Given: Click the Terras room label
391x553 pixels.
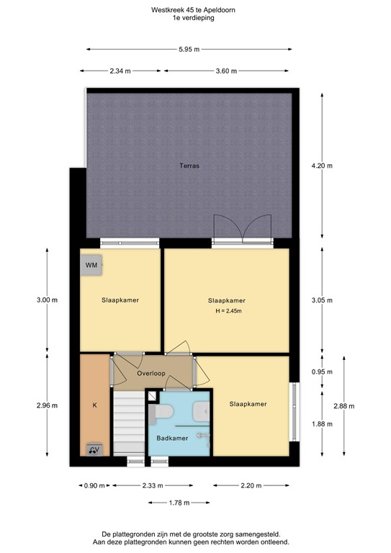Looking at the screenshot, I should pyautogui.click(x=189, y=166).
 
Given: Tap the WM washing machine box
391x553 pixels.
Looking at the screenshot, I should pyautogui.click(x=91, y=265).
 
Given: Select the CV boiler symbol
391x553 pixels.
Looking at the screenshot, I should pyautogui.click(x=94, y=450).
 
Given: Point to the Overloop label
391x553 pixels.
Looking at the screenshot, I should pyautogui.click(x=152, y=373).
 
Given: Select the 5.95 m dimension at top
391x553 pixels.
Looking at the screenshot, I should pyautogui.click(x=189, y=49).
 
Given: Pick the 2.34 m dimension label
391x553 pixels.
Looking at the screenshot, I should pyautogui.click(x=120, y=71).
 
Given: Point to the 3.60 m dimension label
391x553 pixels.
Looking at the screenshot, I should pyautogui.click(x=227, y=71).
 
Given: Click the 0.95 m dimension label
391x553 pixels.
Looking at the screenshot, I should pyautogui.click(x=321, y=372).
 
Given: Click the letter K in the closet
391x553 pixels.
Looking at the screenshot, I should pyautogui.click(x=94, y=405).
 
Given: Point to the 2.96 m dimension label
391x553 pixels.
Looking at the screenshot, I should pyautogui.click(x=48, y=406).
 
